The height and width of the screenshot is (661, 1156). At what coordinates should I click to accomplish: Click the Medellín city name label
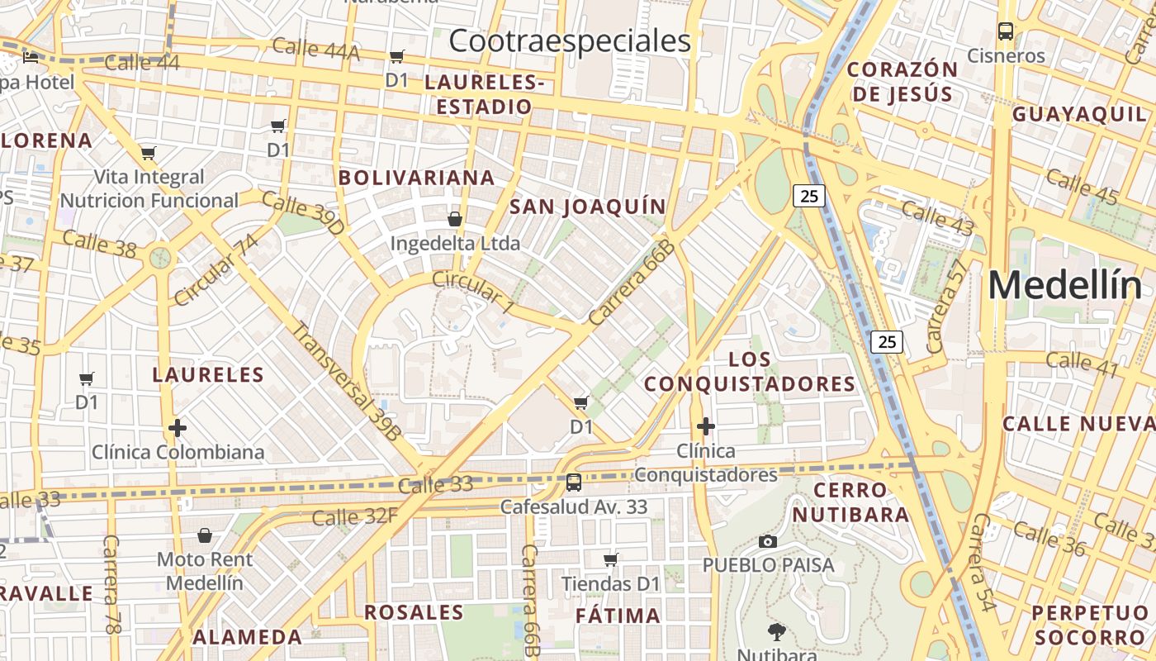click(1065, 286)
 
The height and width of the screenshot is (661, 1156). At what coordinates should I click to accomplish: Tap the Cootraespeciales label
click(569, 40)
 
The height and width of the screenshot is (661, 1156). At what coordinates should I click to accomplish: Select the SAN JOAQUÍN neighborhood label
click(587, 207)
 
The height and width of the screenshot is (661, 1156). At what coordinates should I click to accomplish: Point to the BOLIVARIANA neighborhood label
click(416, 178)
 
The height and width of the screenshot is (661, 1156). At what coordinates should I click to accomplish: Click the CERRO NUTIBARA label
click(850, 502)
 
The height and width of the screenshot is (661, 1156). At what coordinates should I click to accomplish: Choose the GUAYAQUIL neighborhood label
click(1079, 114)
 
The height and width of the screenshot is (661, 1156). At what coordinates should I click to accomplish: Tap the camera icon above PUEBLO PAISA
click(768, 541)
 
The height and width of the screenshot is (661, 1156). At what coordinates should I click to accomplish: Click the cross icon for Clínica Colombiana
click(178, 428)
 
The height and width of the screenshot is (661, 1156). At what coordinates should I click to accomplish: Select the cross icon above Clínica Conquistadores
click(705, 426)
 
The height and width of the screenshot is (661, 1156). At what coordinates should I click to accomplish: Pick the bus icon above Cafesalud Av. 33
click(574, 483)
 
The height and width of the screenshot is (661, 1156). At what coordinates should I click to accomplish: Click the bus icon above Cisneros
click(1005, 32)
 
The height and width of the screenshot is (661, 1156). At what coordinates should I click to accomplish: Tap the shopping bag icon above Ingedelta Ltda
click(454, 219)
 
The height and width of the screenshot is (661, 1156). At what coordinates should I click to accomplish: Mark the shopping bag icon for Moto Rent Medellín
click(205, 535)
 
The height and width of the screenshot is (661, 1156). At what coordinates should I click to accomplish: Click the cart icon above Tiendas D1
click(611, 560)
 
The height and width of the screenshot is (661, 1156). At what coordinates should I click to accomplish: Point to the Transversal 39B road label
click(347, 381)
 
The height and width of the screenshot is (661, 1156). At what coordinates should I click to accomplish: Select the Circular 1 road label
click(473, 291)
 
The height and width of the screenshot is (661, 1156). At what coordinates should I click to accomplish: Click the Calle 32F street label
click(355, 517)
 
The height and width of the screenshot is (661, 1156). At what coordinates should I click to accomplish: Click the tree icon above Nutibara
click(776, 633)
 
